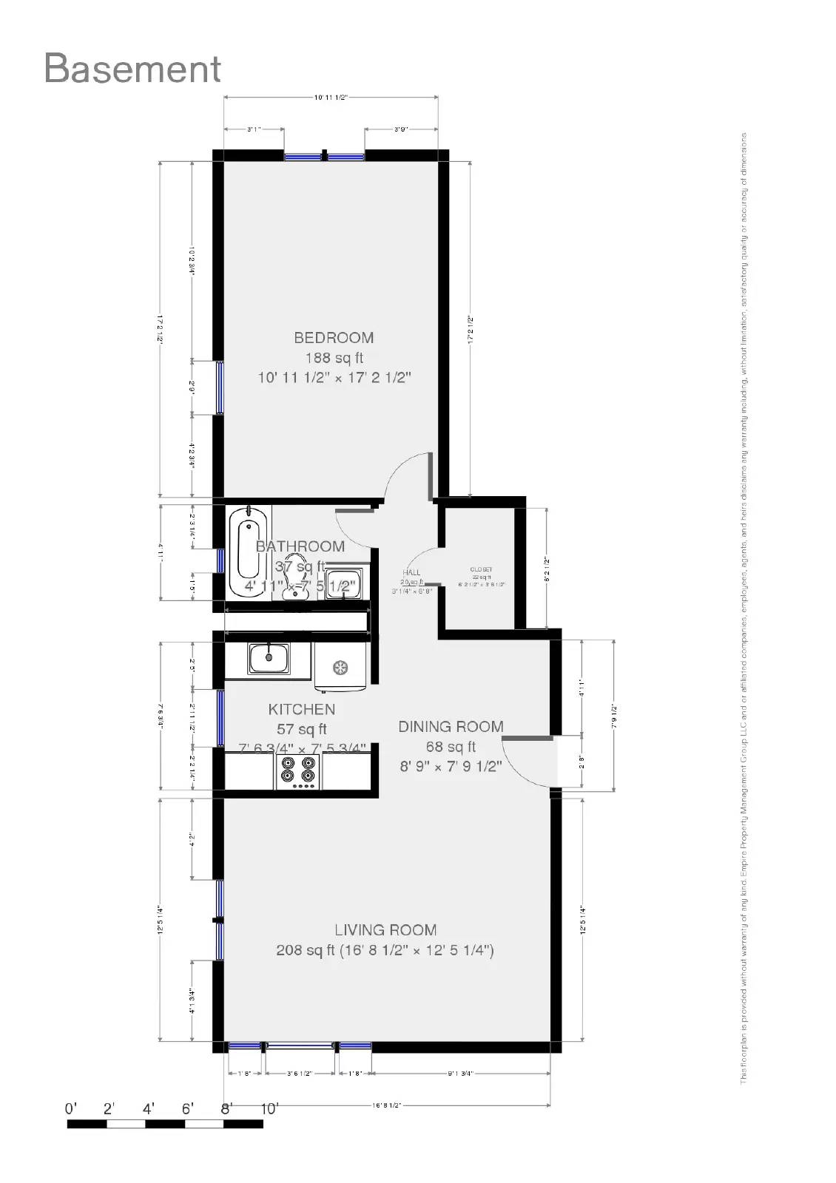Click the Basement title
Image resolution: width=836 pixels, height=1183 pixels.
pyautogui.click(x=132, y=68)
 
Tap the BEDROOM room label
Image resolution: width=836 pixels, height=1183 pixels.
pyautogui.click(x=334, y=338)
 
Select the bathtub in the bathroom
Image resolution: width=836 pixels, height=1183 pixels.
pyautogui.click(x=247, y=552)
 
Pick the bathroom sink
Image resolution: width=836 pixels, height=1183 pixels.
pyautogui.click(x=343, y=581)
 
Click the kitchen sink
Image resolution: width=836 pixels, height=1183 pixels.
pyautogui.click(x=269, y=657)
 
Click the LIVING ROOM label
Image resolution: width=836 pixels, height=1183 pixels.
pyautogui.click(x=385, y=930)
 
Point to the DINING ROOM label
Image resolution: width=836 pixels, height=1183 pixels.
pyautogui.click(x=451, y=727)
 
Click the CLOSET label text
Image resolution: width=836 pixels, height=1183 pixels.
pyautogui.click(x=482, y=570)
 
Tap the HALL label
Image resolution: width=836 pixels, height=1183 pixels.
pyautogui.click(x=411, y=572)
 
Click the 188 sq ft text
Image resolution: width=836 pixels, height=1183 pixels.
pyautogui.click(x=334, y=358)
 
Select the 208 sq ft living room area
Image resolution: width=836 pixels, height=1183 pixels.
pyautogui.click(x=305, y=951)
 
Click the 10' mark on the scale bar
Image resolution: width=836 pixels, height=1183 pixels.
pyautogui.click(x=269, y=1109)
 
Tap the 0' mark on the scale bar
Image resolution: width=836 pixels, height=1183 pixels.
pyautogui.click(x=71, y=1109)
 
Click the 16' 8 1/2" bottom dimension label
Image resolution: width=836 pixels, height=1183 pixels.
pyautogui.click(x=386, y=1105)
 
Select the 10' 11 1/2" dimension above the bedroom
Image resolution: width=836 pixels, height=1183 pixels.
pyautogui.click(x=331, y=97)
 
